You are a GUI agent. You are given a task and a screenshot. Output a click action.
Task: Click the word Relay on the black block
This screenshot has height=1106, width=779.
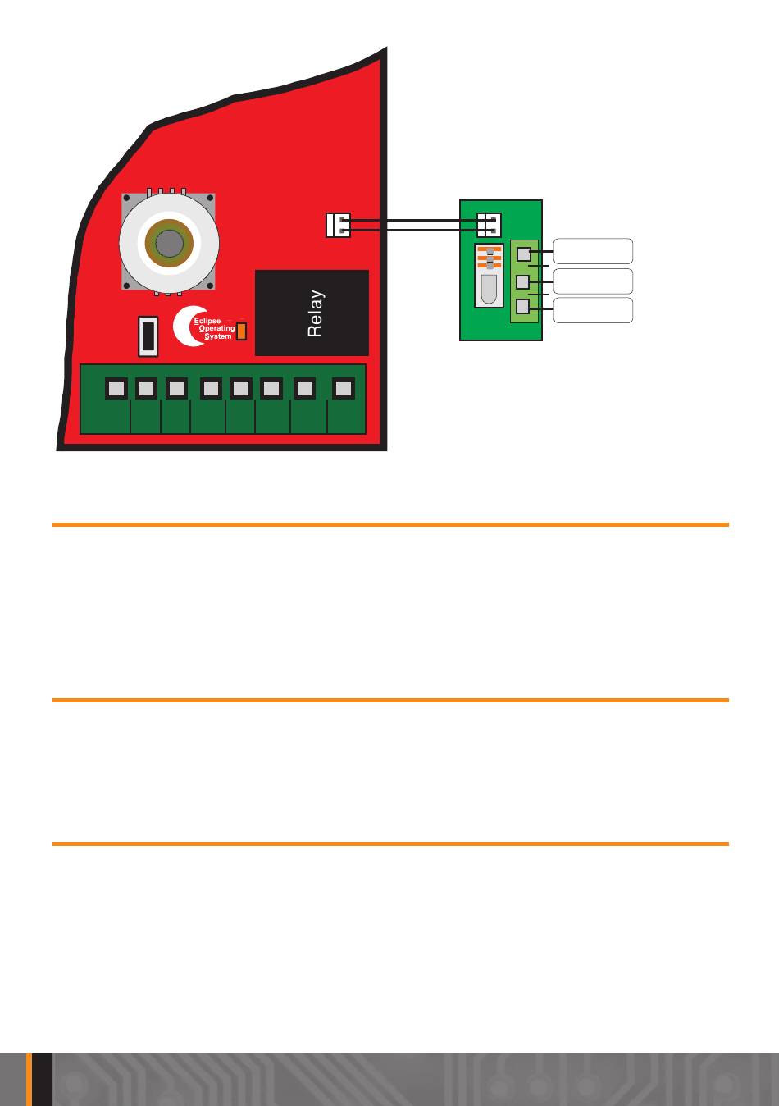click(316, 313)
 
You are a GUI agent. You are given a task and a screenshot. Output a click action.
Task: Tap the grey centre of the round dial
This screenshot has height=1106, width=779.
click(169, 243)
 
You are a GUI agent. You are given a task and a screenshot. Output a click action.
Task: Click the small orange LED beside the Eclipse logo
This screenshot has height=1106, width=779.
click(241, 331)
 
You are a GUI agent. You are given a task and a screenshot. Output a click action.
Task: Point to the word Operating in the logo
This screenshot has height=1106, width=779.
click(216, 328)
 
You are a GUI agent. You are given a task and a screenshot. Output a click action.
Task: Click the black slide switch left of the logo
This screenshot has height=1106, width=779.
click(148, 336)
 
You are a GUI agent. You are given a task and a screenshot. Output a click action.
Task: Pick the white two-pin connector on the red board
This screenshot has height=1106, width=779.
click(338, 225)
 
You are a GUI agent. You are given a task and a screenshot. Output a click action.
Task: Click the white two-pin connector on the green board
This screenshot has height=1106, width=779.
click(490, 224)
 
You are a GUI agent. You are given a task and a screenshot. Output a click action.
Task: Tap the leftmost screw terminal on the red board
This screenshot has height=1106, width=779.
click(116, 388)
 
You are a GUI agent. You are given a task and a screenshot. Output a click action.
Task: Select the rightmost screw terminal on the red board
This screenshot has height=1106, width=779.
click(344, 388)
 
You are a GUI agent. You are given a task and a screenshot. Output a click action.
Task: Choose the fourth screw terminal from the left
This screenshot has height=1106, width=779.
click(211, 388)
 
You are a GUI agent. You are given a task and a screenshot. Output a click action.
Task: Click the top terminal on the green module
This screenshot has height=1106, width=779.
click(524, 254)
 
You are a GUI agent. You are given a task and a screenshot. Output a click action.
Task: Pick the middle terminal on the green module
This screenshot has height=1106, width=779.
click(523, 282)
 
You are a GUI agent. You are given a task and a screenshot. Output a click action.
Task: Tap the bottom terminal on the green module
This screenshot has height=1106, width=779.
click(523, 308)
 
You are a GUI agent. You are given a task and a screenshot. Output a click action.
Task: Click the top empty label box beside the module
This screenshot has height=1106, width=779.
click(593, 251)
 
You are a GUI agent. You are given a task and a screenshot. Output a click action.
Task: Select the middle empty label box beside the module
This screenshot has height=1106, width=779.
click(593, 281)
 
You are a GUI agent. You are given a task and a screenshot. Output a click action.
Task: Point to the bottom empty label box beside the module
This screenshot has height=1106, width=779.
click(593, 310)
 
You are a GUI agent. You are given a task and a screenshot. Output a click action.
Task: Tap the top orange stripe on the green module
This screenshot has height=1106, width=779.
click(490, 249)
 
